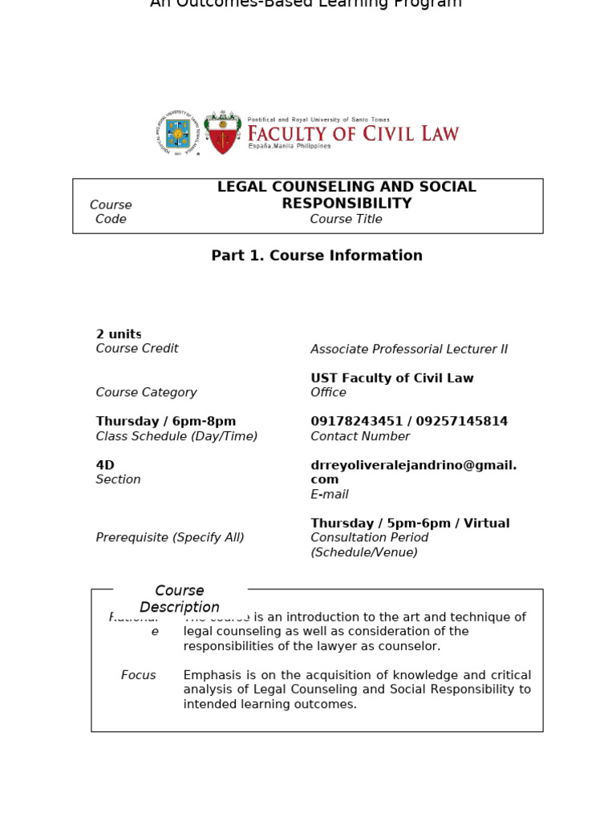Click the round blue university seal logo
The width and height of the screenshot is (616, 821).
[x=178, y=132]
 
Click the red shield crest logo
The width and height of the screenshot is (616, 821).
[x=222, y=133]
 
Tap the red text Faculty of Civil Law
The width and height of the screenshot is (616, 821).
[x=353, y=133]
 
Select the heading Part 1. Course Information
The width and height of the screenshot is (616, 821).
[x=317, y=256]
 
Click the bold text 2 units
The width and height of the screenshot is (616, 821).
[x=119, y=334]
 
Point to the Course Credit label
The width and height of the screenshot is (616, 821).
[x=137, y=349]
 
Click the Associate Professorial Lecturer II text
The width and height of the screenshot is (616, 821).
[x=409, y=350]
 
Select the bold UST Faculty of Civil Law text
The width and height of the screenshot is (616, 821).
[x=392, y=378]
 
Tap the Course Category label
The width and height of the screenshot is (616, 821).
[x=146, y=393]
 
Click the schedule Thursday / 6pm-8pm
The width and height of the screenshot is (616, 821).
[x=166, y=422]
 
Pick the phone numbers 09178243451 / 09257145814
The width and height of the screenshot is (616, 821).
[x=409, y=422]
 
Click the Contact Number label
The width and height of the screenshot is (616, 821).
[x=360, y=437]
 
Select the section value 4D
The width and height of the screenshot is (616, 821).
[x=105, y=465]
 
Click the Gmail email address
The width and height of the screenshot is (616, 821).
[x=413, y=472]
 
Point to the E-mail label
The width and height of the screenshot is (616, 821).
[x=330, y=495]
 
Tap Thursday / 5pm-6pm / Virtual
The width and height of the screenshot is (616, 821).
[x=410, y=524]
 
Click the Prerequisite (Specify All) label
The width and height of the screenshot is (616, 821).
[x=170, y=538]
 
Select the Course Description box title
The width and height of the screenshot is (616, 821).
[x=180, y=599]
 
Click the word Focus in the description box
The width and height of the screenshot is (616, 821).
[x=139, y=675]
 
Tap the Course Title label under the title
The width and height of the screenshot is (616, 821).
[x=346, y=220]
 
